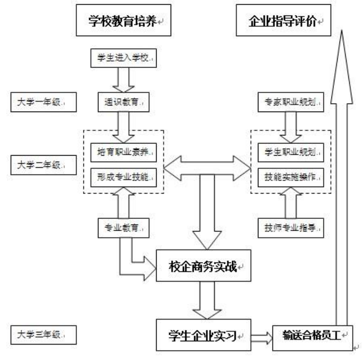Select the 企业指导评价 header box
283,21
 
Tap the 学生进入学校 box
123,59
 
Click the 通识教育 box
123,102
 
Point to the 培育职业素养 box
123,152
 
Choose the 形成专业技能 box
123,177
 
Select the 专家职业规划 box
289,102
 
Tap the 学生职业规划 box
289,152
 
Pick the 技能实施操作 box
289,177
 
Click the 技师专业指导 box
289,228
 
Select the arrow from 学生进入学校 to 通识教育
123,80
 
